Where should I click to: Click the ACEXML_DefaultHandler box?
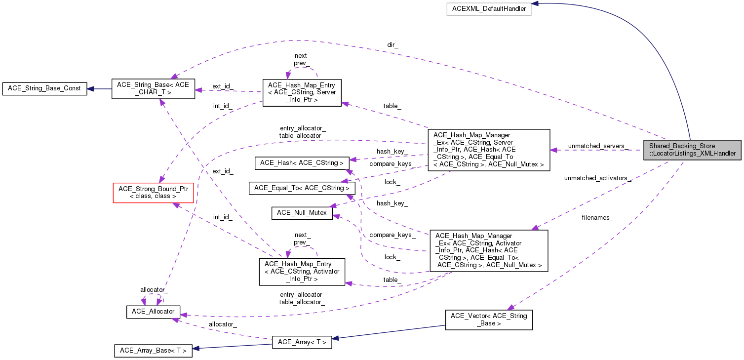(x=489, y=9)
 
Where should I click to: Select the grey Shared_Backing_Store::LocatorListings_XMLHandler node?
(x=692, y=150)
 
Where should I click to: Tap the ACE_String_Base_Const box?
(x=44, y=89)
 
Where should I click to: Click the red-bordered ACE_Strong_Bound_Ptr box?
(x=153, y=193)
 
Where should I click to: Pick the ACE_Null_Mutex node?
(x=302, y=213)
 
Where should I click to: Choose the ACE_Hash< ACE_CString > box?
(x=302, y=163)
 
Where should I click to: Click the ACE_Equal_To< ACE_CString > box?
(x=302, y=188)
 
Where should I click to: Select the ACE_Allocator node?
(x=153, y=312)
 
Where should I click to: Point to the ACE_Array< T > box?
(x=302, y=342)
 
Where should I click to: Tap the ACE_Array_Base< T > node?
(x=153, y=351)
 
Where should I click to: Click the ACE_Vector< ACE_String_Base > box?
(x=489, y=320)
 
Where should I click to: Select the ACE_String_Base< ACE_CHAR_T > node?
(x=153, y=89)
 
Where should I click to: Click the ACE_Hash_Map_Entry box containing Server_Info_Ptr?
(x=302, y=93)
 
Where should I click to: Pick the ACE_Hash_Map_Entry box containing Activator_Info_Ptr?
(x=302, y=272)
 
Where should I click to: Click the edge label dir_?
(x=392, y=45)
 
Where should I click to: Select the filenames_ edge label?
(x=597, y=218)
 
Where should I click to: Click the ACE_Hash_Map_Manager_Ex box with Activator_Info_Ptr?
(x=489, y=251)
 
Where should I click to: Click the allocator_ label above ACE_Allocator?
(x=154, y=290)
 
